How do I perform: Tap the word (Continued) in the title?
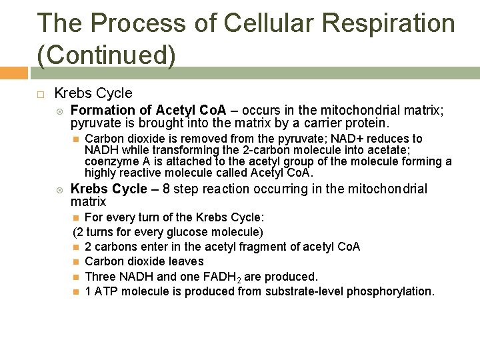107,55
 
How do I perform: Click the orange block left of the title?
13,72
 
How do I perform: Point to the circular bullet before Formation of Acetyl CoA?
59,111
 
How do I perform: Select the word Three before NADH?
101,276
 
